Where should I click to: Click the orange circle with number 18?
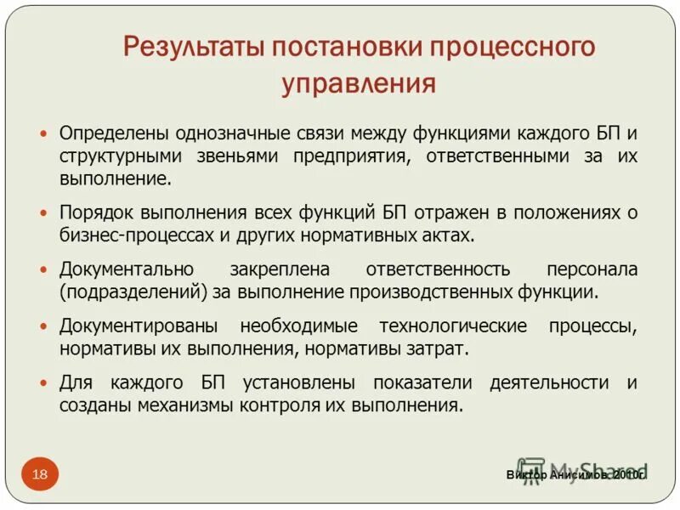tap(40, 473)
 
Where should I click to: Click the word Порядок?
tap(94, 212)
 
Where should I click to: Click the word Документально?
tap(126, 269)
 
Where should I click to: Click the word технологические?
tap(453, 326)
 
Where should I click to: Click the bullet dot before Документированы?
tap(44, 327)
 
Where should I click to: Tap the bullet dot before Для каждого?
tap(44, 383)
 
